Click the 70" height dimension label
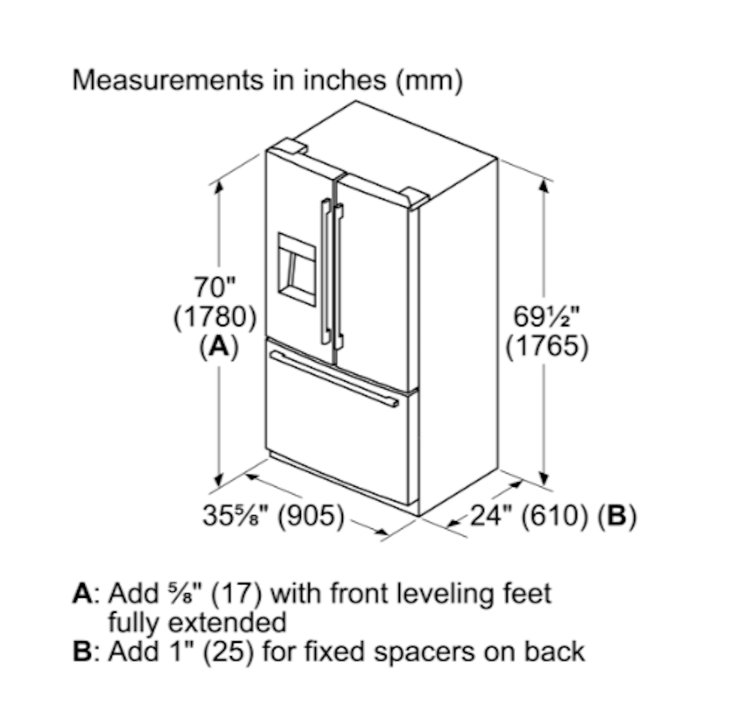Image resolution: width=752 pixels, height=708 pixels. pyautogui.click(x=215, y=287)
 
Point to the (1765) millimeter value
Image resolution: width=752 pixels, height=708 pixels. pyautogui.click(x=547, y=346)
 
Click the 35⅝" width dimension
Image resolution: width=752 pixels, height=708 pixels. pyautogui.click(x=236, y=516)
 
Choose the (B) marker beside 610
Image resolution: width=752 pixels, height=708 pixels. pyautogui.click(x=617, y=516)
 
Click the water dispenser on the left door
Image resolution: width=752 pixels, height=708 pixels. pyautogui.click(x=297, y=269)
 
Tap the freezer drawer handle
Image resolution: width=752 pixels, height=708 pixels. pyautogui.click(x=335, y=379)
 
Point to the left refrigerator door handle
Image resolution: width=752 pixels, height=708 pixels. pyautogui.click(x=326, y=271)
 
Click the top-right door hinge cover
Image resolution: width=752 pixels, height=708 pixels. pyautogui.click(x=415, y=197)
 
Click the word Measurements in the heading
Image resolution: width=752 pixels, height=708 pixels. pyautogui.click(x=168, y=80)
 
